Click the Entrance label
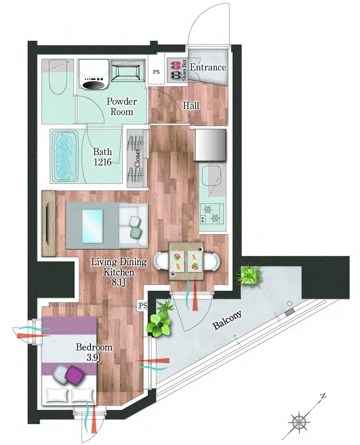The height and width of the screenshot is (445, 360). pyautogui.click(x=208, y=67)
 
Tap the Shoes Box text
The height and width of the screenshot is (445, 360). pyautogui.click(x=184, y=70)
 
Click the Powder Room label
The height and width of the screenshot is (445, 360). pyautogui.click(x=122, y=107)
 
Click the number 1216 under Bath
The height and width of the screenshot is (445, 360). pyautogui.click(x=102, y=162)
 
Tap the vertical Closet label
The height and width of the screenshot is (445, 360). pyautogui.click(x=137, y=158)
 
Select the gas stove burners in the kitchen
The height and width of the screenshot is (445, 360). pyautogui.click(x=212, y=214)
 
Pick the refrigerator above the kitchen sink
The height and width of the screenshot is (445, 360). pyautogui.click(x=210, y=145)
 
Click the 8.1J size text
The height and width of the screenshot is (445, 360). pyautogui.click(x=119, y=282)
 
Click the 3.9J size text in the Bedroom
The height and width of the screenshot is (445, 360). pyautogui.click(x=94, y=357)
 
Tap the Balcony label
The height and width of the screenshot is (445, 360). pyautogui.click(x=227, y=320)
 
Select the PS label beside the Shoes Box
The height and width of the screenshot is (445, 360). pyautogui.click(x=156, y=72)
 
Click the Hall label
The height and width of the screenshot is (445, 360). pyautogui.click(x=191, y=105)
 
